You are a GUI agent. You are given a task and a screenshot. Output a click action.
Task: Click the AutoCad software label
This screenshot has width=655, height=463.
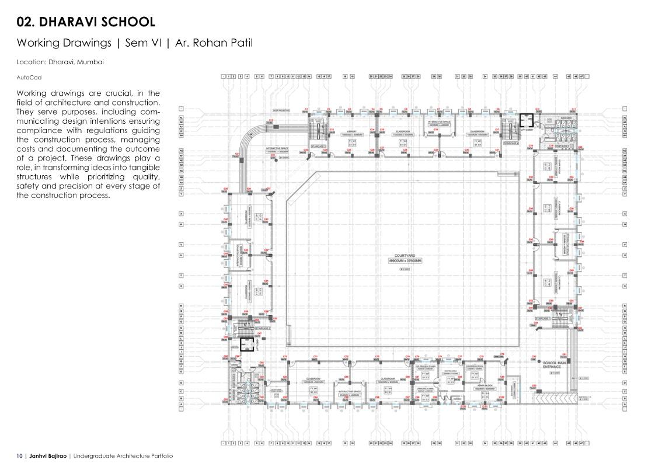pos(29,77)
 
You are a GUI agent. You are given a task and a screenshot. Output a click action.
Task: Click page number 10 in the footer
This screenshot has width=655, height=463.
pos(19,456)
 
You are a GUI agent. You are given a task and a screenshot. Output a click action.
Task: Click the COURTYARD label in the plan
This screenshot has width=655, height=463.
pos(404,256)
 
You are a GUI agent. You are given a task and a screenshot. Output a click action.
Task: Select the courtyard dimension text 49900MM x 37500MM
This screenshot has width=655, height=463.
pos(405,261)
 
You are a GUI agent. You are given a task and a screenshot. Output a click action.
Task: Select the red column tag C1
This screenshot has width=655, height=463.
pos(306,109)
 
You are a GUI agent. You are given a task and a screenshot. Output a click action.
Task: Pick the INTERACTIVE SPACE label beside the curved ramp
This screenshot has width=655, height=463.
pos(277,148)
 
